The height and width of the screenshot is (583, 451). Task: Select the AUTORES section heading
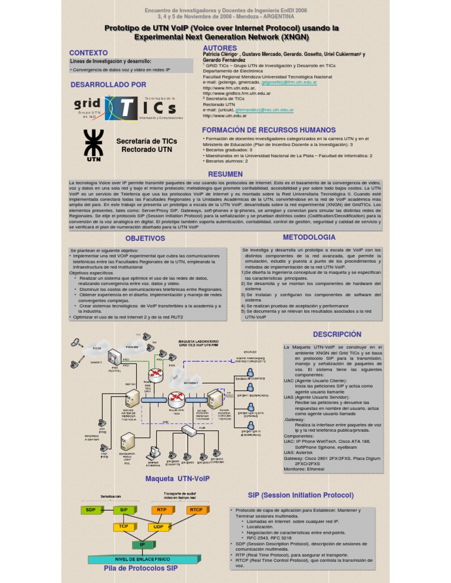click(220, 48)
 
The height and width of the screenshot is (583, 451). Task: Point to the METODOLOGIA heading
click(309, 237)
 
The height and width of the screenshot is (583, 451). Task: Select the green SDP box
click(91, 509)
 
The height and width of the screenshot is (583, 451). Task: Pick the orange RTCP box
click(196, 509)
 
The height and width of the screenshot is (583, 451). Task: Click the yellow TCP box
click(124, 526)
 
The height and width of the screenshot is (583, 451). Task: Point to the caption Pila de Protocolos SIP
click(140, 568)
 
